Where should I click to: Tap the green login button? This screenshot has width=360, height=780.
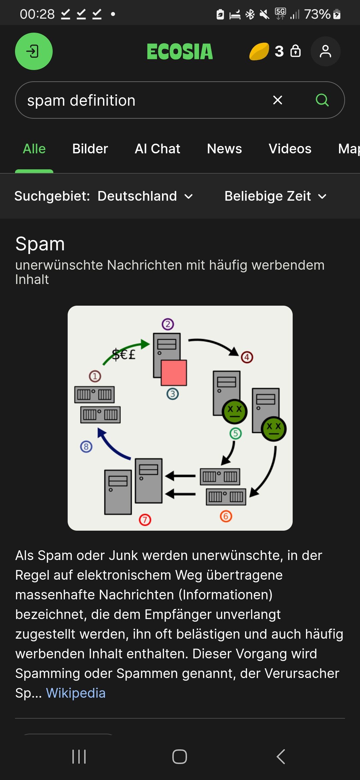pos(34,51)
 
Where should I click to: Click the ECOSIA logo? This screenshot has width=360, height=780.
pos(180,52)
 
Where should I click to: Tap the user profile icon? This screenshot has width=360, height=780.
pos(325,51)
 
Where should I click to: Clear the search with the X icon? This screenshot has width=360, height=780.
pos(278,100)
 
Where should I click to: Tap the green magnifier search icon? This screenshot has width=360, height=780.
pos(322,100)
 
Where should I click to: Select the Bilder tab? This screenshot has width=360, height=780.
pos(90,149)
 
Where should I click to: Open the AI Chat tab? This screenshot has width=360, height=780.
pos(157,149)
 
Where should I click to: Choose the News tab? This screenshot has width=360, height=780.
pos(224,149)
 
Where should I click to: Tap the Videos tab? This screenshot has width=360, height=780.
pos(290,149)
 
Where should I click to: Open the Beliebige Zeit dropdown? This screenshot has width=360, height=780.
pos(275,196)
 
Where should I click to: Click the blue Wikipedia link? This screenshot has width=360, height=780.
pos(76,693)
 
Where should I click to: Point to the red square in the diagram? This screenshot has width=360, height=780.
pos(174,373)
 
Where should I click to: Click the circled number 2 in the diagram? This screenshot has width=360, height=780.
pos(168,324)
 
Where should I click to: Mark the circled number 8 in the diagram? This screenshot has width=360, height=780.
pos(86,446)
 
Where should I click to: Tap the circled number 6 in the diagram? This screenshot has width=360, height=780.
pos(226,516)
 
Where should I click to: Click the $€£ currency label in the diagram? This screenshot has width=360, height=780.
pos(124,354)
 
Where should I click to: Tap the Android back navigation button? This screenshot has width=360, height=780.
pos(281,757)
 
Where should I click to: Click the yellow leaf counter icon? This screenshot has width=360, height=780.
pos(259,52)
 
